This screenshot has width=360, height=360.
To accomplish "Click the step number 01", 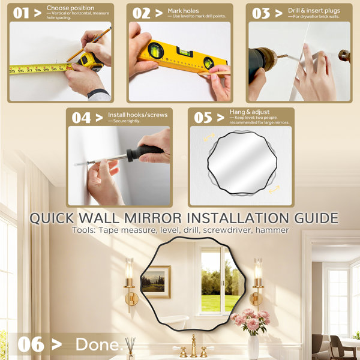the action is point(21,13).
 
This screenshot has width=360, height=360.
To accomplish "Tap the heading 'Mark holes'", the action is point(183,11).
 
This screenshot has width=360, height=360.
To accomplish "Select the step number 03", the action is point(261,13).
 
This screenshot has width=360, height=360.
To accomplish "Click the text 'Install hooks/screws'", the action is point(138,115).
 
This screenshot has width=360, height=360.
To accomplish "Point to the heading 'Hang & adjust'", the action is point(250,112).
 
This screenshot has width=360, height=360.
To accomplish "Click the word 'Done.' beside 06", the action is point(99,344).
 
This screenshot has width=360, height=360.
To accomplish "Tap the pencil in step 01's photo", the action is point(89,44).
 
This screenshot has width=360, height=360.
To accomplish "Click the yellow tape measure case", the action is point(91,61).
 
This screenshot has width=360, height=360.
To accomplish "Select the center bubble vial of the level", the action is point(184,52).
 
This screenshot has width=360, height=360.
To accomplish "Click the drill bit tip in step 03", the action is point(286,55).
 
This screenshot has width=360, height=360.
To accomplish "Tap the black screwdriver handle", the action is point(145,152).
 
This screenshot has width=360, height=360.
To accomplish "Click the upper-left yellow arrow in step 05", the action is point(209,137).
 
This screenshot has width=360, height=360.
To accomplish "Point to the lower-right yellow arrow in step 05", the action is point(274,190).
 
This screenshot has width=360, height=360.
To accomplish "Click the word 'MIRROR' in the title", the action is point(152,218).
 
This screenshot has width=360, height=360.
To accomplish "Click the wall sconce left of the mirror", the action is point(130,284).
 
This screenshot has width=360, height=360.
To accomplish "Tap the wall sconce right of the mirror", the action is point(257,284).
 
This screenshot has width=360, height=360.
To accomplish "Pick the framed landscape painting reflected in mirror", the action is point(156,282).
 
